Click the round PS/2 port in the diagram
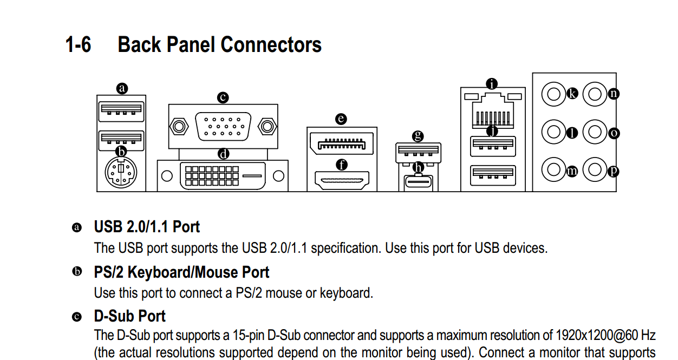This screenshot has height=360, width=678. pos(121,173)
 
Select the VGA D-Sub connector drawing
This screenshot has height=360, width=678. pos(223,127)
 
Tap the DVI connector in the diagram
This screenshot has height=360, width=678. pos(223,176)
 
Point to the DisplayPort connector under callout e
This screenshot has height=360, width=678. pos(341,144)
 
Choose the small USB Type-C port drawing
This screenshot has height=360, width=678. pos(418,182)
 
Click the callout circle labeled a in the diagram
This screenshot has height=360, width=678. pos(122,89)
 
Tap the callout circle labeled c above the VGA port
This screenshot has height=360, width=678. pos(223,97)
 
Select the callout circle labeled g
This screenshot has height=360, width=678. pos(418,136)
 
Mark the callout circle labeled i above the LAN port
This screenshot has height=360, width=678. pos(492,84)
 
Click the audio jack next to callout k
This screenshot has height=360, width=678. pos(553,94)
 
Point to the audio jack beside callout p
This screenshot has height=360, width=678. pos(595,170)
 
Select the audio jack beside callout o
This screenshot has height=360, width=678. pos(595,132)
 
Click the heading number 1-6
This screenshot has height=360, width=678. pos(78,45)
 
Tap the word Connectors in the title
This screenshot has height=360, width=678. pos(271,45)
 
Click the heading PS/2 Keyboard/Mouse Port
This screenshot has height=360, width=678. pos(181,272)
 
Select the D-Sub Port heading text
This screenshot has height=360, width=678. pos(130,316)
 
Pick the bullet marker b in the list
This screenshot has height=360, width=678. pos(77,271)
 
